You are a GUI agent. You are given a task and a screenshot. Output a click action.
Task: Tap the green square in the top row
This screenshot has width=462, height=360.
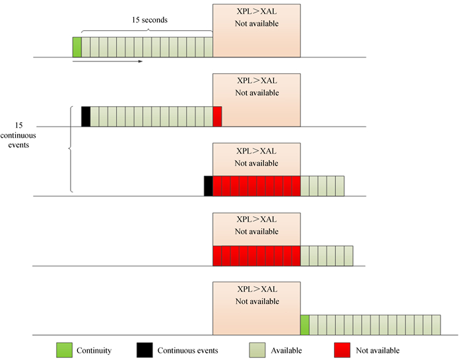[x=77, y=47]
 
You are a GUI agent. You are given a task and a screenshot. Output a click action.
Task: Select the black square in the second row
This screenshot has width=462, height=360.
[x=85, y=117]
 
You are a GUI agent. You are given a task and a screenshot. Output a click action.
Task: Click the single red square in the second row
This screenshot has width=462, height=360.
[x=217, y=117]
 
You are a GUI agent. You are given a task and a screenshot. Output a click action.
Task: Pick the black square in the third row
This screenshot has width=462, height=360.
[x=209, y=186]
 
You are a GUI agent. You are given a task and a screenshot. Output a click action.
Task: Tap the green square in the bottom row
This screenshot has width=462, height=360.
[x=305, y=325]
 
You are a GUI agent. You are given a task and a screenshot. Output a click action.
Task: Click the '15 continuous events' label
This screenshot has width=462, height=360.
[x=18, y=135]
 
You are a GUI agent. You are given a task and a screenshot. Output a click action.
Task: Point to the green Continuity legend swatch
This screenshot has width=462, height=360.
[x=63, y=349]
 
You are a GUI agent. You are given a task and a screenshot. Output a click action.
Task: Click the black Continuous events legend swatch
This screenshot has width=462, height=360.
[x=145, y=349]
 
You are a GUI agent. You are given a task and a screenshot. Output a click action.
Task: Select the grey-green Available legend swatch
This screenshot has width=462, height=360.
[x=257, y=349]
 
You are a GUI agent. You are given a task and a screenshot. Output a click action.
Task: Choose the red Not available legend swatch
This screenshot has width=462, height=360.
[x=343, y=349]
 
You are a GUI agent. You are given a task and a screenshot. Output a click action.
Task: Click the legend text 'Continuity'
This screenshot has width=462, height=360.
[x=94, y=350]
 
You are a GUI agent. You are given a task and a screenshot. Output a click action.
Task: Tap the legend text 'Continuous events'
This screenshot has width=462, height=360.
[x=187, y=350]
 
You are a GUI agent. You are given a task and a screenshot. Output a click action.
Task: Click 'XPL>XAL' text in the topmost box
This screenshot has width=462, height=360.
[x=257, y=12]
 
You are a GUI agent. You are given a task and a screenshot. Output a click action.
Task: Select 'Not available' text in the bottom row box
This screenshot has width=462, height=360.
[x=257, y=301]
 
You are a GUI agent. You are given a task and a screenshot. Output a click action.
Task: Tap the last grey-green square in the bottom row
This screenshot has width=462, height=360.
[x=436, y=325]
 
